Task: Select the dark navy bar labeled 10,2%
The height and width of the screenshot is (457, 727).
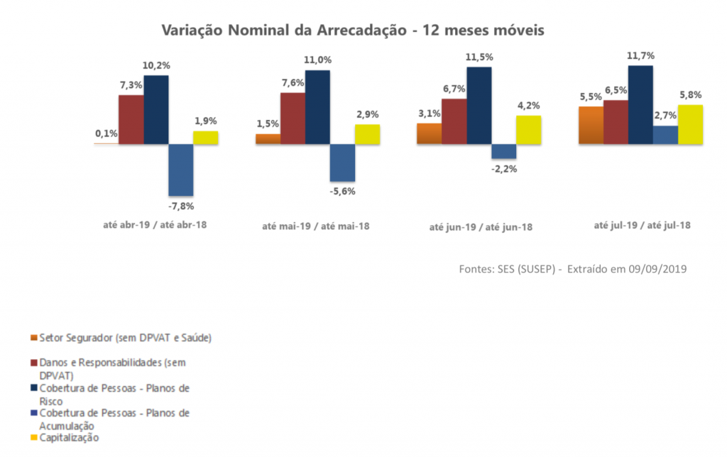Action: [156, 109]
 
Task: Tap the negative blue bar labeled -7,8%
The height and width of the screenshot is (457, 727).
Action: [181, 170]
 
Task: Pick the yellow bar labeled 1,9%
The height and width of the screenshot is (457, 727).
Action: [206, 138]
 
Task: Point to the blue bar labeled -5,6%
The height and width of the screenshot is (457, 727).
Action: [342, 163]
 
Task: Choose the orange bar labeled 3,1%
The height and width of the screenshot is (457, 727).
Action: [429, 133]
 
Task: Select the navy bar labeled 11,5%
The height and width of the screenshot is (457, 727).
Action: [479, 105]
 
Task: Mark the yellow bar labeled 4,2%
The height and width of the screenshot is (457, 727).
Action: [528, 130]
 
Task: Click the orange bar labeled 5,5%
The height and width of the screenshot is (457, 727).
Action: [591, 125]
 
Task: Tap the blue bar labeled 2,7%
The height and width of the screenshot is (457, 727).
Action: [665, 135]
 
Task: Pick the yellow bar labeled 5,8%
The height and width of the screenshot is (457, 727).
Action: [690, 124]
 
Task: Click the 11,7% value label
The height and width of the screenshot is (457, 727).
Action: [640, 56]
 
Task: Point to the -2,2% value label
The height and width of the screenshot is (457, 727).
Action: [503, 169]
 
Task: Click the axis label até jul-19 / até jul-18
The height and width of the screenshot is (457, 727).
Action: [643, 224]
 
